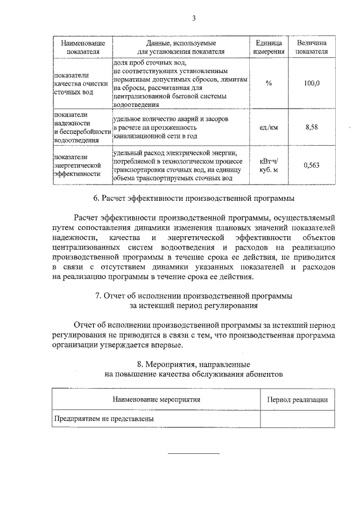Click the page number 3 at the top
coord(193,18)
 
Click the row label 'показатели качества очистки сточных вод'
coord(79,83)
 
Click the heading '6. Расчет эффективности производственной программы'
coord(193,199)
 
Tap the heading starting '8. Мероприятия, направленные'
coord(193,369)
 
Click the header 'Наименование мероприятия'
coord(156,400)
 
